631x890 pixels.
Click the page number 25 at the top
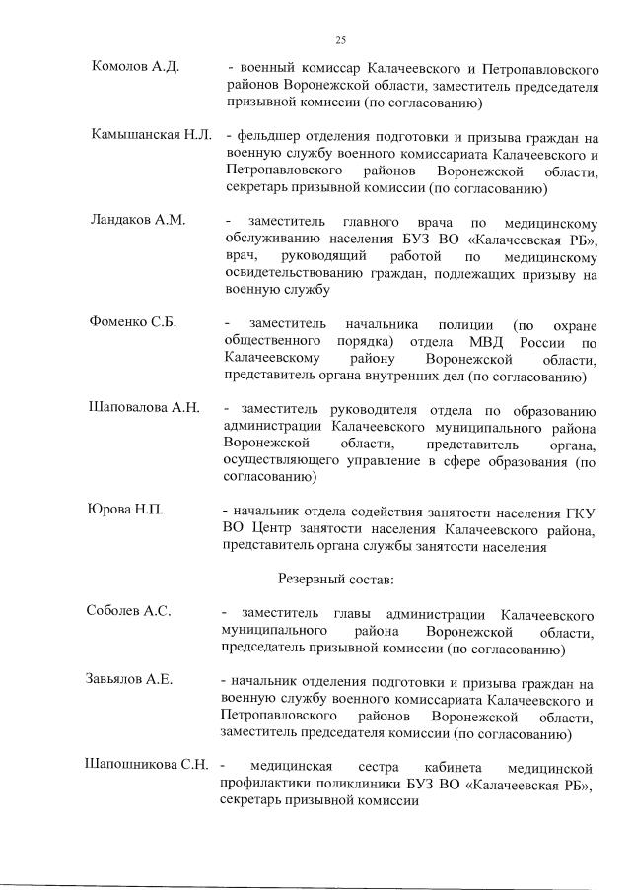[x=340, y=40]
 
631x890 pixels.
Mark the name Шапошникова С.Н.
[x=148, y=765]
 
